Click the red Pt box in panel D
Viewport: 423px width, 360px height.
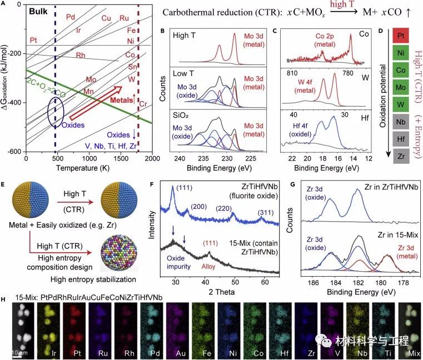[x=402, y=38]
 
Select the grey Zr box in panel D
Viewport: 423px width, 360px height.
[x=402, y=157]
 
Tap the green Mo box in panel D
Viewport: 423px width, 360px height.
[x=402, y=89]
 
